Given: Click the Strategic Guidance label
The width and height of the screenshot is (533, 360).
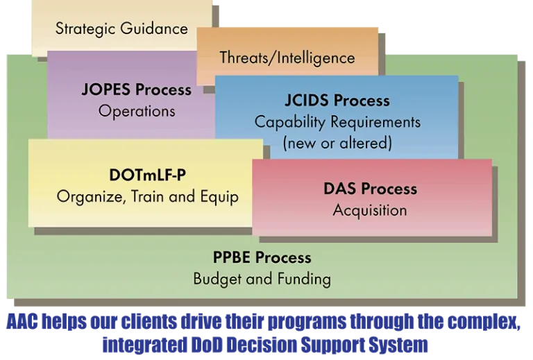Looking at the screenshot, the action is (x=121, y=28).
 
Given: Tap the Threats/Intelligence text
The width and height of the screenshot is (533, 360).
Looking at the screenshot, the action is (x=287, y=58).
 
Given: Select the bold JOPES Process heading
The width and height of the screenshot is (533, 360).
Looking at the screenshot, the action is (x=136, y=89).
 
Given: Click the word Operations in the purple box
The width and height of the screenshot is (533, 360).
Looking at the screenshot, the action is (x=137, y=112).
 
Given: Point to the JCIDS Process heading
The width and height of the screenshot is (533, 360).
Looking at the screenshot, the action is (x=337, y=101).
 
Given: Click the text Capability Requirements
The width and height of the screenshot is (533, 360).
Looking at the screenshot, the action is (x=337, y=122).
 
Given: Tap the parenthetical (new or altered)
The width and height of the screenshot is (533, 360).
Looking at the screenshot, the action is (x=337, y=143).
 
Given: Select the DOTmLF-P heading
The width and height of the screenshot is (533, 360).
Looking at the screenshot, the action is (x=148, y=175).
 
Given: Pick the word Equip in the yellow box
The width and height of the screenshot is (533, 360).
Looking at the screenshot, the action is (x=219, y=197).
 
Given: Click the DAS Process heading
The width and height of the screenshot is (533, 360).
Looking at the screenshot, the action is (x=370, y=189).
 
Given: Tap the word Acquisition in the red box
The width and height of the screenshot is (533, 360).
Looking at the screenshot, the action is (x=370, y=210).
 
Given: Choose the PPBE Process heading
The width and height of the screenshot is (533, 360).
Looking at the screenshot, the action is (x=262, y=257).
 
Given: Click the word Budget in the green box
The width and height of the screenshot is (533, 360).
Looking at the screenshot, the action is (x=217, y=279).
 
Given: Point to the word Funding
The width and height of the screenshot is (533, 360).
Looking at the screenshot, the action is (x=304, y=279).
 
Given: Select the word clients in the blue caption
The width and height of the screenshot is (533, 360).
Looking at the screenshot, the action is (x=149, y=321).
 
